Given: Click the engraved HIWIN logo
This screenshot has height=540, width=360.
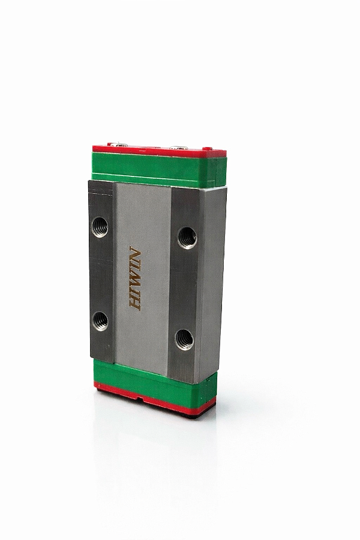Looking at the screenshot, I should [134, 278].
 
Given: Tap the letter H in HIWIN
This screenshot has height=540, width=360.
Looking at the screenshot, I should [134, 304].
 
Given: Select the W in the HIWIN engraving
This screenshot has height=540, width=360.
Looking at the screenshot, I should [134, 278].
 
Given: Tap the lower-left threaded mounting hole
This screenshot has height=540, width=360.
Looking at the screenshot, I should [100, 321].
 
